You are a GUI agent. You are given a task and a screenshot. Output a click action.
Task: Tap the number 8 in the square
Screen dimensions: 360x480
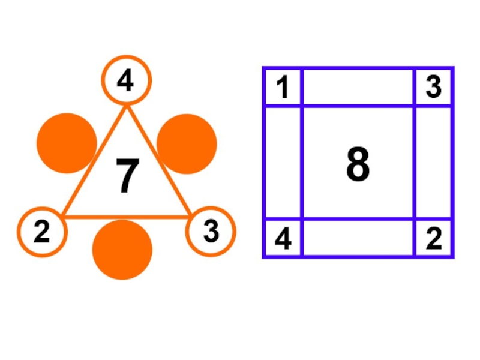tap(358, 165)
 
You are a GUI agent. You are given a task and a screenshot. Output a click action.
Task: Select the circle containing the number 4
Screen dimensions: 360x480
tap(126, 80)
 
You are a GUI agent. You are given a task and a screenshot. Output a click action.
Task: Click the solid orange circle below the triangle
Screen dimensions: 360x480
tap(122, 250)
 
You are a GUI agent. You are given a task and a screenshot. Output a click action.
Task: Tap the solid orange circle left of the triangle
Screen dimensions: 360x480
tap(67, 143)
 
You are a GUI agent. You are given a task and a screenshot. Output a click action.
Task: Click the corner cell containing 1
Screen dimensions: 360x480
tap(283, 88)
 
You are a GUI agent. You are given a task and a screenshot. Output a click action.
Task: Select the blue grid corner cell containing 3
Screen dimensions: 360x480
tap(433, 88)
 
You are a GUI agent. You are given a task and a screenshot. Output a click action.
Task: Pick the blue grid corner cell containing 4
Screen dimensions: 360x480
tap(283, 239)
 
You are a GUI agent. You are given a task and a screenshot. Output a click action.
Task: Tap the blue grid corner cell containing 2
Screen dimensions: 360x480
tap(433, 239)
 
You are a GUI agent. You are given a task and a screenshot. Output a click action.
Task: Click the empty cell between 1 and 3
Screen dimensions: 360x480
tap(358, 88)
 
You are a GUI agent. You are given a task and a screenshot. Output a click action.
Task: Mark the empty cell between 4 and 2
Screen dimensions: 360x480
tap(358, 239)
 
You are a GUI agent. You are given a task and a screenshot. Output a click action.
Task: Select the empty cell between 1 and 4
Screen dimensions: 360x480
tap(283, 163)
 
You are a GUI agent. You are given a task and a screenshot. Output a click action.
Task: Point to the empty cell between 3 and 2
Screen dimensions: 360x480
tap(433, 163)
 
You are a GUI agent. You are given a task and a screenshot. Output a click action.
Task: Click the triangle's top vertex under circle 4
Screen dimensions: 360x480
tap(127, 109)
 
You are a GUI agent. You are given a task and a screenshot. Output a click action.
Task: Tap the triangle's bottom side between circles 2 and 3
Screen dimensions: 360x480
tap(126, 216)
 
